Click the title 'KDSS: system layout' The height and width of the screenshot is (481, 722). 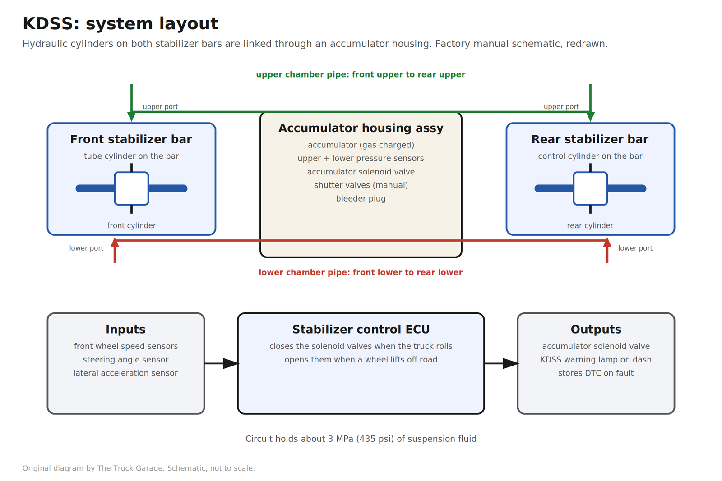(x=120, y=23)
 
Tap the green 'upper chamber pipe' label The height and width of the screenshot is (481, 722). (x=361, y=75)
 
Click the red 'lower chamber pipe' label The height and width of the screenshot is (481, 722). (x=361, y=272)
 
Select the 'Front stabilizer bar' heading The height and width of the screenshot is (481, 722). (x=131, y=139)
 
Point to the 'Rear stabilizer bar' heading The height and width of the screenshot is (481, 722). (x=590, y=139)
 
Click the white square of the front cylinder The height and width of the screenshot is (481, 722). (x=131, y=188)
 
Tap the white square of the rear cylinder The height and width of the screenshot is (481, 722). (x=591, y=188)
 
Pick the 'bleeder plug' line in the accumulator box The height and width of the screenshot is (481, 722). (x=361, y=199)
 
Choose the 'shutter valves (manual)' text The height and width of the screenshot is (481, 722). (x=361, y=185)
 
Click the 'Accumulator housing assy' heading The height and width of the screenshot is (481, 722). (x=361, y=128)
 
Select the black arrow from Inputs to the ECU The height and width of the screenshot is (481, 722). (x=222, y=363)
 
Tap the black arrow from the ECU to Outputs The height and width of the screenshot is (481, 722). (x=501, y=363)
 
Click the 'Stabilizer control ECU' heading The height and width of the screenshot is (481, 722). (x=361, y=330)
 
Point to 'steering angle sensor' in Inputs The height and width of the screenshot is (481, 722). (x=126, y=360)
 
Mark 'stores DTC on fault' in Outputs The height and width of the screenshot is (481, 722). (x=596, y=373)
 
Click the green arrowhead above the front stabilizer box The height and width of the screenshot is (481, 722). (x=131, y=117)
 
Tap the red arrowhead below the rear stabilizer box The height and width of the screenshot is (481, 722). (x=607, y=243)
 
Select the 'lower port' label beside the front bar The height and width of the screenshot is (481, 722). (x=86, y=248)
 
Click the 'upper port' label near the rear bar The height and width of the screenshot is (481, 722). (x=561, y=107)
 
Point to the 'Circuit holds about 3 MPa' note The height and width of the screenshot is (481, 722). (x=361, y=439)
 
